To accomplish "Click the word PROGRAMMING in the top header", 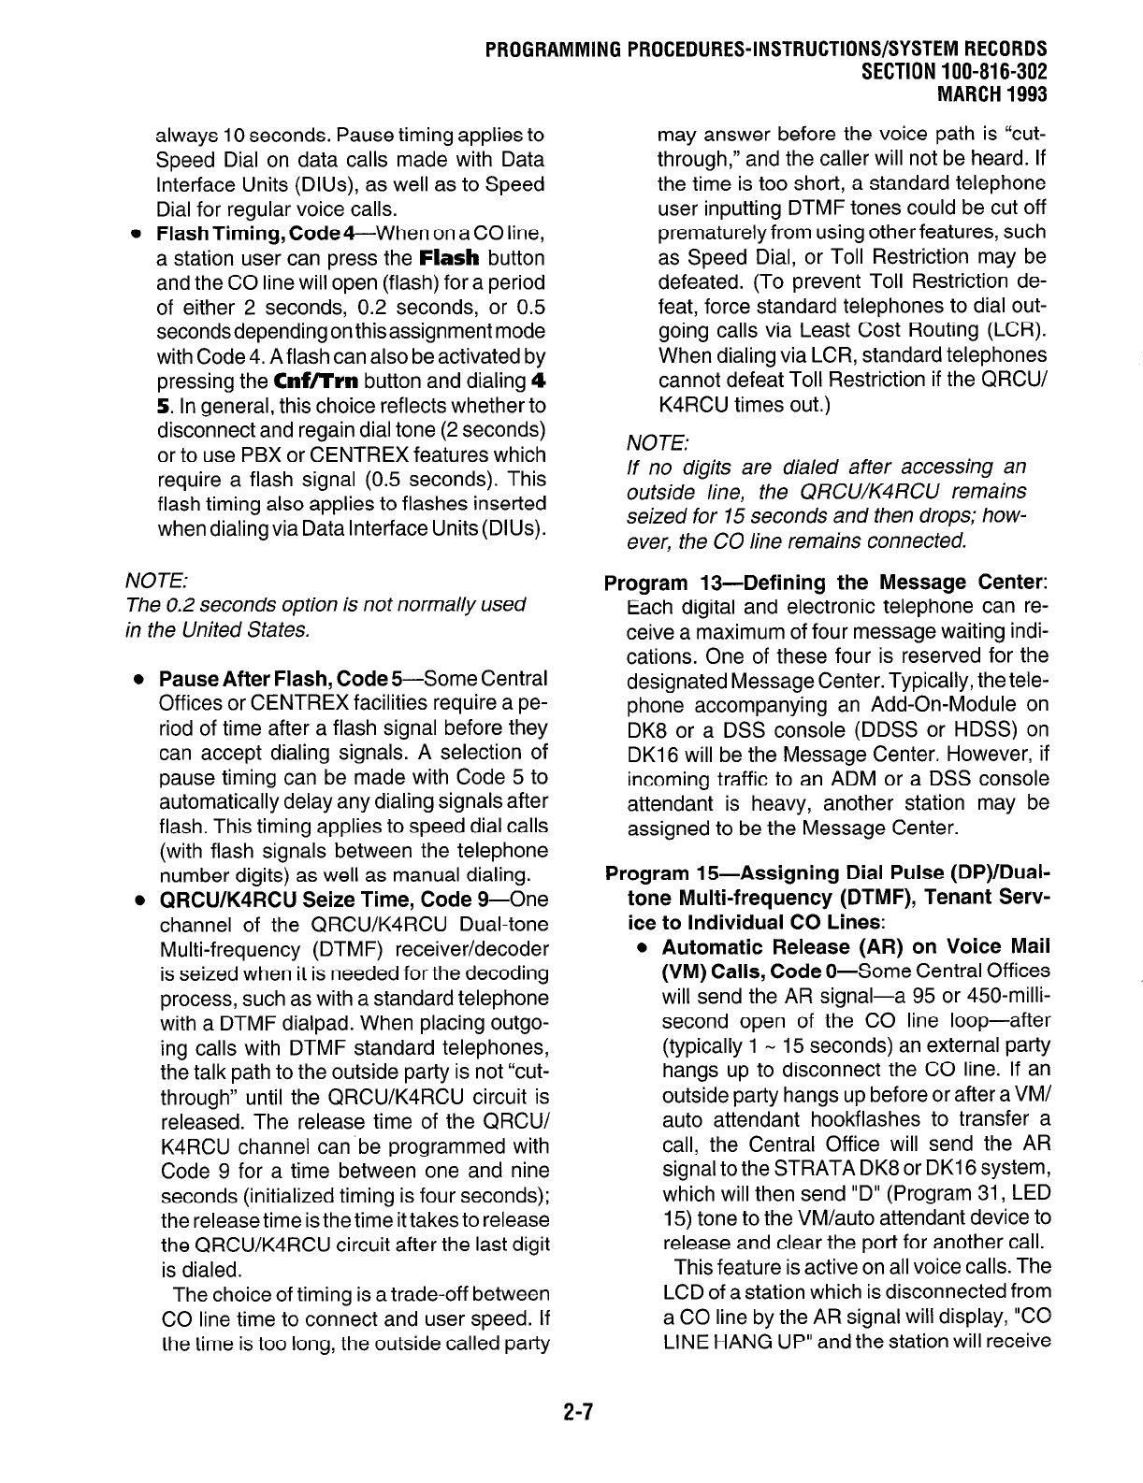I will pyautogui.click(x=545, y=49).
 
